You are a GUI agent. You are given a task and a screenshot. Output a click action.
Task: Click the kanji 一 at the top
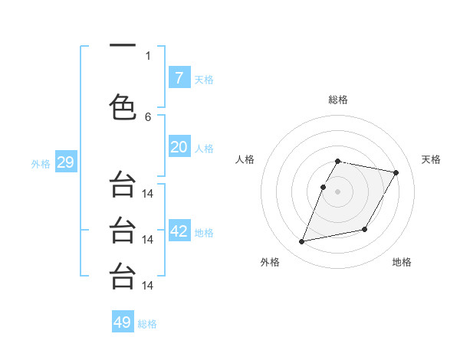pyautogui.click(x=122, y=46)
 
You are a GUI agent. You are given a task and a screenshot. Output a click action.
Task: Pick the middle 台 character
pyautogui.click(x=122, y=230)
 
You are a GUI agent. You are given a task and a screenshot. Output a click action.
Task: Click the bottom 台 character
pyautogui.click(x=122, y=276)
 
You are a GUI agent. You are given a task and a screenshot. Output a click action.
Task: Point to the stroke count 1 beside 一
pyautogui.click(x=148, y=55)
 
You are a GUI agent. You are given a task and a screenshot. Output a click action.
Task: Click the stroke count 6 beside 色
pyautogui.click(x=148, y=116)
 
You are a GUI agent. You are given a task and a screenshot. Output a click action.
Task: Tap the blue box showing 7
pyautogui.click(x=179, y=78)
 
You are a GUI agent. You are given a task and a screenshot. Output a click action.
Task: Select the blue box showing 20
pyautogui.click(x=179, y=147)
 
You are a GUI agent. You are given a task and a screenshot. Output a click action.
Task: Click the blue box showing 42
pyautogui.click(x=179, y=231)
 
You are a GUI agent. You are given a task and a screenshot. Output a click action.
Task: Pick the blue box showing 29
pyautogui.click(x=65, y=162)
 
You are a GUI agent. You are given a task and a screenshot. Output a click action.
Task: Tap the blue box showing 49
pyautogui.click(x=123, y=322)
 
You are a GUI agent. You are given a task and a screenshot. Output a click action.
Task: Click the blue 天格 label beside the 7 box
pyautogui.click(x=204, y=79)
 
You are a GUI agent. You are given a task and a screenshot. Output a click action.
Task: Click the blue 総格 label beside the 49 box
pyautogui.click(x=147, y=324)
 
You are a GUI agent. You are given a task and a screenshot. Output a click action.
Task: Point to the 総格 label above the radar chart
pyautogui.click(x=338, y=100)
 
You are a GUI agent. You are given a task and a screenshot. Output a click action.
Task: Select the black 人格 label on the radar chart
pyautogui.click(x=245, y=159)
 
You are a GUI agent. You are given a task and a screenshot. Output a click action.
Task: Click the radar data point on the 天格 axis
pyautogui.click(x=396, y=173)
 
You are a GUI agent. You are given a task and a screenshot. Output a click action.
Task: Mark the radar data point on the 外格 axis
pyautogui.click(x=302, y=242)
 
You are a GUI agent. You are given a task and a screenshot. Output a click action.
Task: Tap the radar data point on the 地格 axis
pyautogui.click(x=365, y=230)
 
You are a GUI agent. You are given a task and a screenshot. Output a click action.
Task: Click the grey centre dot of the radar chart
pyautogui.click(x=337, y=191)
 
